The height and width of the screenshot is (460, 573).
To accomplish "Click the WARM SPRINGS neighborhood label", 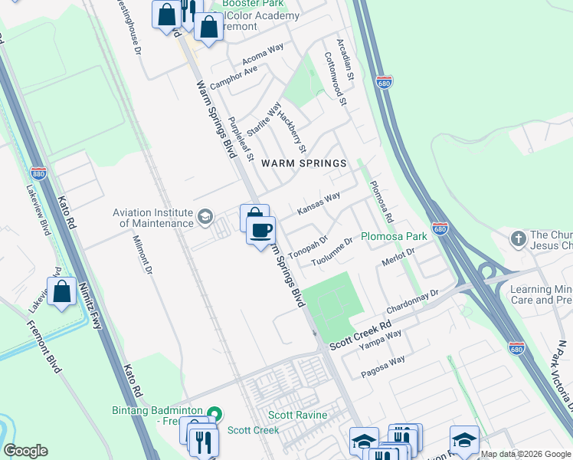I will coord(304,163).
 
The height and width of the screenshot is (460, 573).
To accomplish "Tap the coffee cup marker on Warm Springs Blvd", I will coord(261,230).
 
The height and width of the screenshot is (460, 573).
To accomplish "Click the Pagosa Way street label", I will coord(383,366).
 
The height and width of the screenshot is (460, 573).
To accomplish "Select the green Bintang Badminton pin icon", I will coord(214,415).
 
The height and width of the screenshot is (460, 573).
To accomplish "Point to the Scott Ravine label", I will coord(297,416).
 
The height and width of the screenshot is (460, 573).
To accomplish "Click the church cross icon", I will coord(518,239).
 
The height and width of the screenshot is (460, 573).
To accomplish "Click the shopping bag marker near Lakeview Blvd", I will coord(61,292).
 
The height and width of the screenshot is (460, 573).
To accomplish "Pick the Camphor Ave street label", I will coord(234,77).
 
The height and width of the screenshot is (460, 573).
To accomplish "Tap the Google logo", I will coord(25,451).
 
